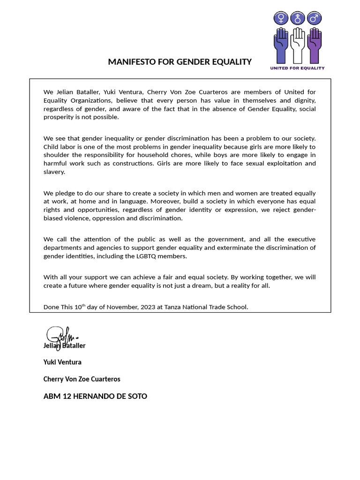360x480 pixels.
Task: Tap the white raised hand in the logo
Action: [297, 45]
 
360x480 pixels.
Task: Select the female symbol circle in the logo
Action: [281, 18]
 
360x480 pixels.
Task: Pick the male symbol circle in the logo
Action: [314, 18]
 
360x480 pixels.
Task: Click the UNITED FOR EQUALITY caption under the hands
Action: [297, 68]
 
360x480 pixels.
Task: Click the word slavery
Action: [54, 172]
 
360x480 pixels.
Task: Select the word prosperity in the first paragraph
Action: [58, 117]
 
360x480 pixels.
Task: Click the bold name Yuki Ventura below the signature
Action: [62, 362]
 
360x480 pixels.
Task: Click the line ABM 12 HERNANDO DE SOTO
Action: [95, 396]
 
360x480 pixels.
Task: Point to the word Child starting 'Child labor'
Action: [52, 147]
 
